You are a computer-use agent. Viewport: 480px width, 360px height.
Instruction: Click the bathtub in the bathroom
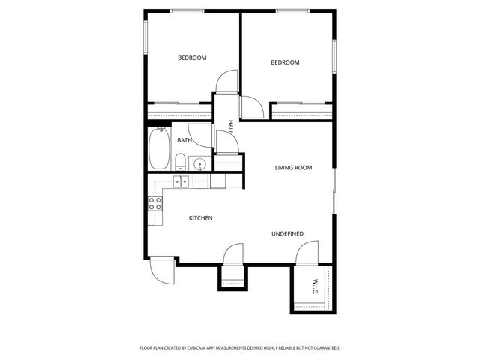click(x=158, y=150)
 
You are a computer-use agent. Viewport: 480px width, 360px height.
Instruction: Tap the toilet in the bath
click(x=181, y=161)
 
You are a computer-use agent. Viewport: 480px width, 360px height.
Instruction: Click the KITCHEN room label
click(x=200, y=218)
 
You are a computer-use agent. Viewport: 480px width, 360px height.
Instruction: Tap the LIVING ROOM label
click(x=293, y=168)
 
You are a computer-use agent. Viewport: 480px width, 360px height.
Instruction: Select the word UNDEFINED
click(x=287, y=234)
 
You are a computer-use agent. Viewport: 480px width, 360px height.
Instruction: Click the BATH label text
click(x=184, y=140)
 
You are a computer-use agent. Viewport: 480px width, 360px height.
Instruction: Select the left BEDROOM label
click(x=192, y=58)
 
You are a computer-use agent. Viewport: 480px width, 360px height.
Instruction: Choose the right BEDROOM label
click(x=285, y=62)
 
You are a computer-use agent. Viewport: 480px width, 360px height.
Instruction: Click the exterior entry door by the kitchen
click(x=163, y=270)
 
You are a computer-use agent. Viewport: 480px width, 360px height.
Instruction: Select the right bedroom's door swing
click(x=252, y=108)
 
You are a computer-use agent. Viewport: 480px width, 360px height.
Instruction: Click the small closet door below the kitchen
click(x=232, y=255)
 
